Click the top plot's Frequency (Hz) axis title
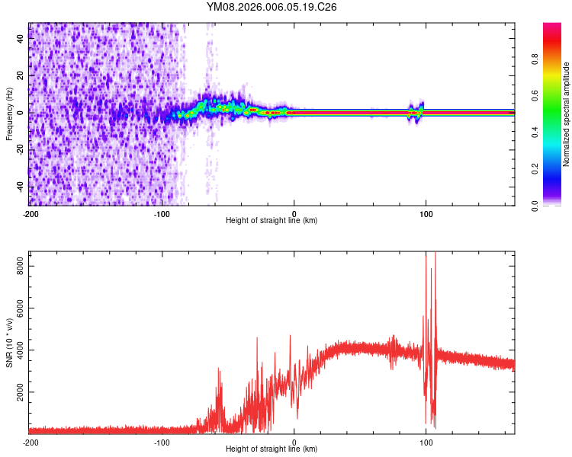click(x=9, y=114)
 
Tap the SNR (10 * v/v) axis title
click(x=9, y=343)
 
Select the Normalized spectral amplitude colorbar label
click(x=567, y=114)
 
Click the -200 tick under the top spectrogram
click(x=31, y=213)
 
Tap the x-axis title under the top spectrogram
click(x=272, y=221)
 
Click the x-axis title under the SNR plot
click(x=272, y=449)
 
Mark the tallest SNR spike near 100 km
click(x=435, y=254)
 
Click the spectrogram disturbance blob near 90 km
click(x=416, y=111)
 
